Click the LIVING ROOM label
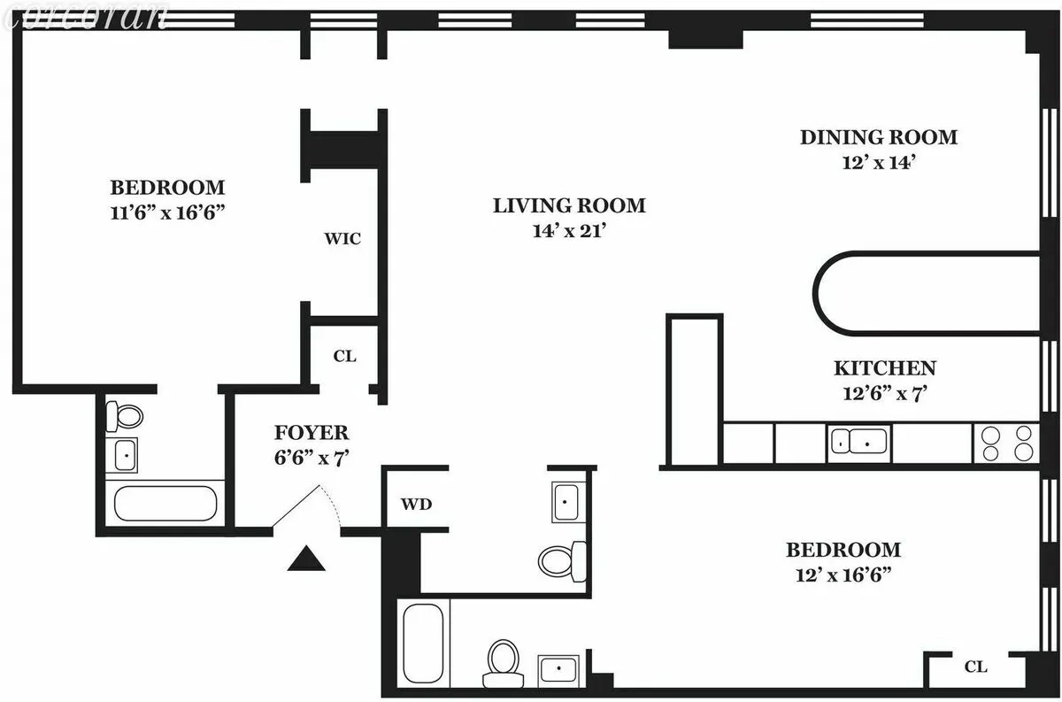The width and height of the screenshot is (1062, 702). tap(569, 206)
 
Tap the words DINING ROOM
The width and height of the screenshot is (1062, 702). tap(878, 137)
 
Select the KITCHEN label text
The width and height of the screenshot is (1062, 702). tap(884, 368)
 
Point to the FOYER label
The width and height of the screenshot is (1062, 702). tap(311, 434)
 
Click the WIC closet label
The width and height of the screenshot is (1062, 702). tap(342, 239)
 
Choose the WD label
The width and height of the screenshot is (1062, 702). tap(416, 505)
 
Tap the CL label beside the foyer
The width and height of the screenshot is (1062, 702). tap(344, 356)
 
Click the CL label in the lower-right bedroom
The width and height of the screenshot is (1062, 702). tap(975, 667)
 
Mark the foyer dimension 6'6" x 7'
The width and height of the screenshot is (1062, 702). tap(311, 458)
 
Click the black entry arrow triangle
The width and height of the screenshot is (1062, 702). tap(306, 559)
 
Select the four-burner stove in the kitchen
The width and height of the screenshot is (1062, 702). tap(1006, 443)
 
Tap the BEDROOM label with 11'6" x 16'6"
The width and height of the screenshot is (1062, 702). tap(167, 188)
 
